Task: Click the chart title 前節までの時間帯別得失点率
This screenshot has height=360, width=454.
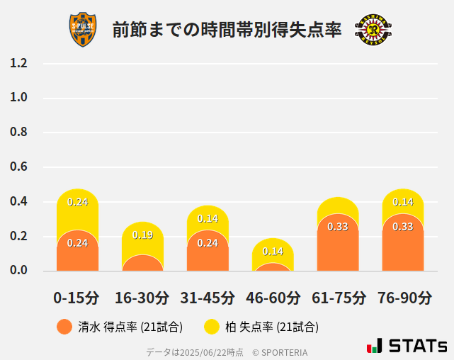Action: pyautogui.click(x=227, y=30)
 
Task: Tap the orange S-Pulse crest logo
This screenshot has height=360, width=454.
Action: pyautogui.click(x=83, y=30)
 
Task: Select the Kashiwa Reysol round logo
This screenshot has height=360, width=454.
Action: pyautogui.click(x=373, y=30)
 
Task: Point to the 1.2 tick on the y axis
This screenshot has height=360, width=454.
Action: pyautogui.click(x=18, y=63)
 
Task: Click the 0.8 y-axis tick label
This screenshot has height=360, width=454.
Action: pyautogui.click(x=18, y=133)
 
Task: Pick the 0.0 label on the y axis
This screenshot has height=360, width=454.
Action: pyautogui.click(x=18, y=270)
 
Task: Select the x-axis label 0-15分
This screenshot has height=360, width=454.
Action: pyautogui.click(x=77, y=298)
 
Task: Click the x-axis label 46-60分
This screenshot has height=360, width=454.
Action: pyautogui.click(x=273, y=298)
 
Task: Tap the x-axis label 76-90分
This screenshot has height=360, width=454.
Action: pyautogui.click(x=403, y=298)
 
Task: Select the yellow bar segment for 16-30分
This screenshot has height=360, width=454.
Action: pyautogui.click(x=142, y=237)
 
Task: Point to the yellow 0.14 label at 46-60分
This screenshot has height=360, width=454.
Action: pyautogui.click(x=273, y=252)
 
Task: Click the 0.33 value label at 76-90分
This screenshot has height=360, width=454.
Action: pyautogui.click(x=403, y=227)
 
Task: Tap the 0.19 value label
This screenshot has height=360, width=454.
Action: pyautogui.click(x=142, y=235)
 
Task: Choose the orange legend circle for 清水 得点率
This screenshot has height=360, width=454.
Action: pyautogui.click(x=64, y=327)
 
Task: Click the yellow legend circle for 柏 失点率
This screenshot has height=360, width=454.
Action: pyautogui.click(x=211, y=327)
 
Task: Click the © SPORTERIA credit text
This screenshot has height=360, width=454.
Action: pyautogui.click(x=280, y=351)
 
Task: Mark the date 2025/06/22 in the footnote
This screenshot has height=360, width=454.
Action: pyautogui.click(x=203, y=351)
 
